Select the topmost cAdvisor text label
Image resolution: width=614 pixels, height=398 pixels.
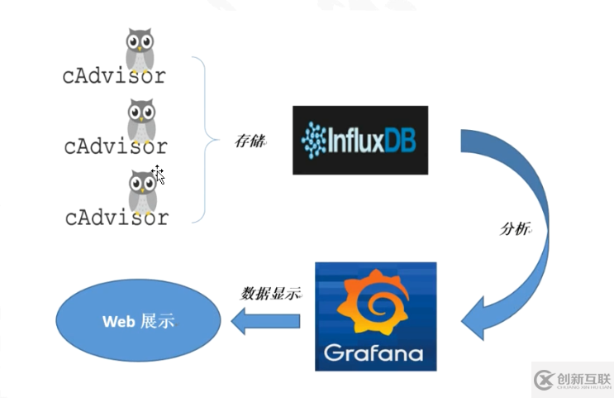tap(114, 75)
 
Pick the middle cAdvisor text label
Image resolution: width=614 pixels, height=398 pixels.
tap(116, 146)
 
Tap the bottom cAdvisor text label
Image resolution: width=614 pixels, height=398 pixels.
tap(117, 218)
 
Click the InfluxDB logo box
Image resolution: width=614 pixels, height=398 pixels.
tap(359, 140)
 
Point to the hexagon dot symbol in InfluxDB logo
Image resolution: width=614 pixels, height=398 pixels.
tap(317, 140)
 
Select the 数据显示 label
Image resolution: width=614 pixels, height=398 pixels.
tap(269, 293)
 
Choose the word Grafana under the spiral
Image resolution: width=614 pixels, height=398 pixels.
tap(374, 354)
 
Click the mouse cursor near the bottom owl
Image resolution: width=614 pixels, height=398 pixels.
tap(158, 174)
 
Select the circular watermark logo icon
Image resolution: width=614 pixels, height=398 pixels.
tap(545, 379)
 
